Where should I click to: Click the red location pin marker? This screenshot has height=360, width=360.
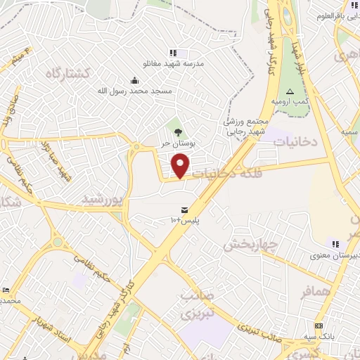pyautogui.click(x=181, y=166)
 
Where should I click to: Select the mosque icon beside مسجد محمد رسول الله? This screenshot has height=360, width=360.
pyautogui.click(x=135, y=81)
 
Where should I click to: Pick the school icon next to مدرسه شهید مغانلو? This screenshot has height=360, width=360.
pyautogui.click(x=173, y=53)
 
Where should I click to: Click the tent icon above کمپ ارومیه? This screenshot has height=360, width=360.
pyautogui.click(x=289, y=92)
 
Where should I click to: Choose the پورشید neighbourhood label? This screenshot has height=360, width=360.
pyautogui.click(x=103, y=200)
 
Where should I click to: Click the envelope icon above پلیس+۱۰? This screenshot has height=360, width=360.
pyautogui.click(x=184, y=210)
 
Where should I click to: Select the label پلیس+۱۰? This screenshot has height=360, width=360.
pyautogui.click(x=185, y=221)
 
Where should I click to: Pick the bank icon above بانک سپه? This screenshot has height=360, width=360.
pyautogui.click(x=319, y=326)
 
